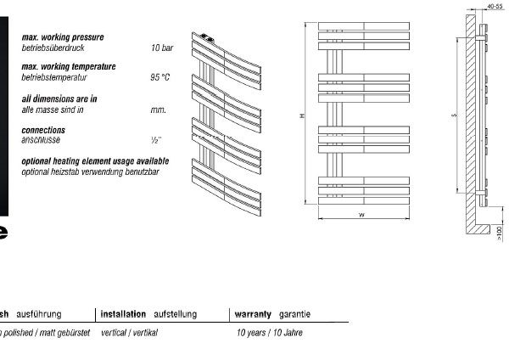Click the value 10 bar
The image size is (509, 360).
point(161,48)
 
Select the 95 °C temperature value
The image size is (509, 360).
point(159,76)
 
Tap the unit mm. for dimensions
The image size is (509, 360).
point(158,110)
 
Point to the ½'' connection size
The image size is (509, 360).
point(155,140)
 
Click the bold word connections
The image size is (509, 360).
point(43,130)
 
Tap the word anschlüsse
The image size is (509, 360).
point(42,140)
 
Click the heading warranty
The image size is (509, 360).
point(252,314)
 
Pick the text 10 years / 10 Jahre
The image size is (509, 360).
point(270,333)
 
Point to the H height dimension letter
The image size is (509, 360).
point(302,116)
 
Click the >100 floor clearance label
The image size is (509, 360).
point(499,230)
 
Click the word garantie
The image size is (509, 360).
point(294,314)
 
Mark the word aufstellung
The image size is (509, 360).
point(175,314)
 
